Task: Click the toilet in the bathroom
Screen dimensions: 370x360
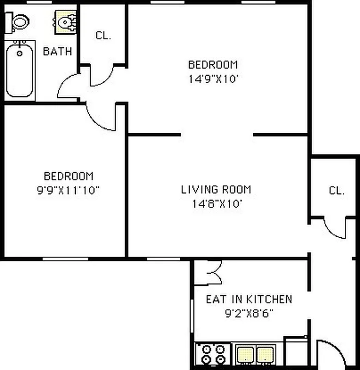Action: [x=18, y=20]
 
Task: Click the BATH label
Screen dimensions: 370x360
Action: [x=57, y=51]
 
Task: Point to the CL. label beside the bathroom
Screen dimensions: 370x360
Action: [x=103, y=36]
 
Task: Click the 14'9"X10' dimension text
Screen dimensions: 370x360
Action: [x=213, y=78]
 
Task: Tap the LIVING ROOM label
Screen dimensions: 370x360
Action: [x=216, y=189]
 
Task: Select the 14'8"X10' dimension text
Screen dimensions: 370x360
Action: [x=216, y=203]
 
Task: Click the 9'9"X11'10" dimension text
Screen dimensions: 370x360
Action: [x=68, y=190]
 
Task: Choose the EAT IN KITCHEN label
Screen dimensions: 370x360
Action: [x=249, y=299]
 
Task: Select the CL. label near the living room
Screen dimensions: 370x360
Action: [x=336, y=190]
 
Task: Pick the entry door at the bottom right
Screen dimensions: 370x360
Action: [x=332, y=354]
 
